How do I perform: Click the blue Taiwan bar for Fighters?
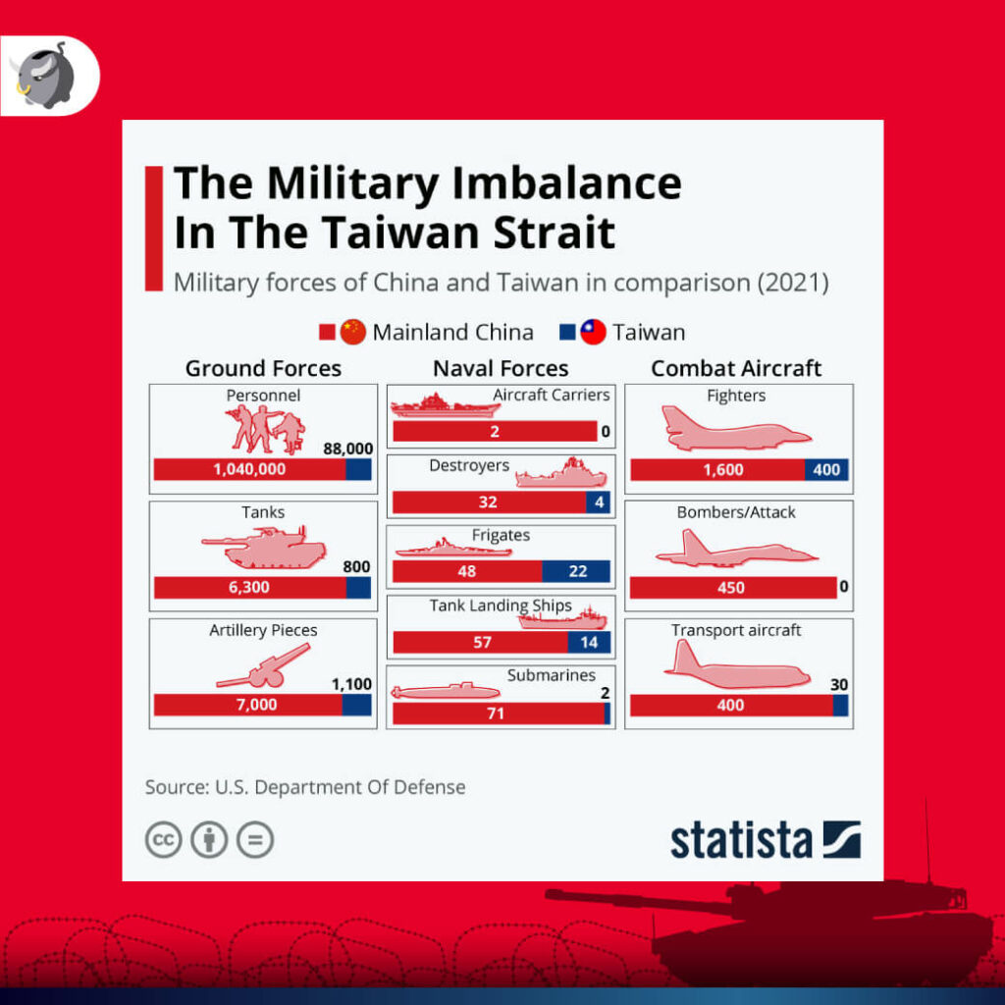[x=826, y=469]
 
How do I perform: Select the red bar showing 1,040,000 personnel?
[x=249, y=469]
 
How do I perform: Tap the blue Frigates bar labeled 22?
[x=576, y=571]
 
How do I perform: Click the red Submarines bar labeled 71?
[x=498, y=714]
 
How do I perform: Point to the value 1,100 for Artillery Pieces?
[x=351, y=683]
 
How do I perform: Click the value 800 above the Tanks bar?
[x=356, y=566]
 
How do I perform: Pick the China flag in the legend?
[x=353, y=332]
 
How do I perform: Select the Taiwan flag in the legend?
[x=593, y=332]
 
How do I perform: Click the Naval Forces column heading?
[x=501, y=368]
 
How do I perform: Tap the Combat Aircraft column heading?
[x=736, y=368]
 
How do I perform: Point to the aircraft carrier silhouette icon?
[x=432, y=404]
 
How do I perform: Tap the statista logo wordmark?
[x=742, y=841]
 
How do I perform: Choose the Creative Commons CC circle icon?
[x=164, y=840]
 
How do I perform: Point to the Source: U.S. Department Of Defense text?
[x=305, y=787]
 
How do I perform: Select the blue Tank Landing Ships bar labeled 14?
[x=589, y=643]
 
